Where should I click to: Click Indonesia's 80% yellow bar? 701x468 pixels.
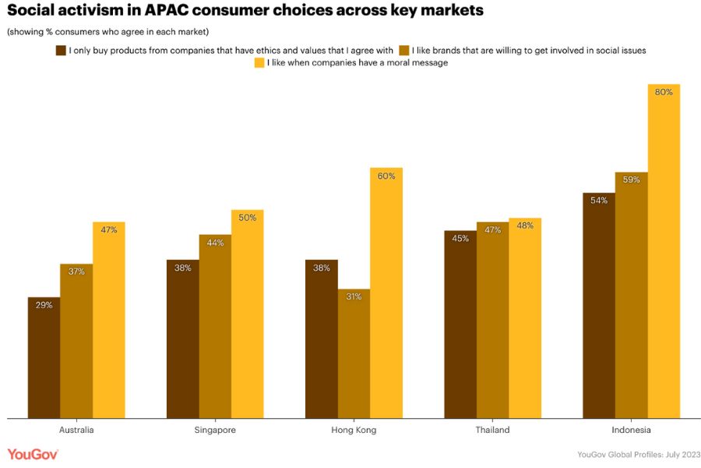tap(664, 250)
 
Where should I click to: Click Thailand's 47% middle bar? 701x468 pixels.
tap(492, 320)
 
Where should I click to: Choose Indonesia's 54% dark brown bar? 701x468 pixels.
tap(599, 305)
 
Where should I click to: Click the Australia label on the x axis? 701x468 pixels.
tap(76, 430)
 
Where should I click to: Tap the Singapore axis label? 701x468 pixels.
tap(215, 430)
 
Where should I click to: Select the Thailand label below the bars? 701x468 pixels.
tap(492, 430)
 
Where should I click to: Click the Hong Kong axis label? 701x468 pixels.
tap(354, 430)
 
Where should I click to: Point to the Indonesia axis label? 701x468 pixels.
tap(631, 430)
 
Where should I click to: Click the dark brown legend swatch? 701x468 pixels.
tap(60, 50)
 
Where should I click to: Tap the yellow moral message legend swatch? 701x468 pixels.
tap(259, 63)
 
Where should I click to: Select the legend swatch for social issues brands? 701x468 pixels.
tap(403, 50)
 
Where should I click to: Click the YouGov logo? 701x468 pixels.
tap(33, 454)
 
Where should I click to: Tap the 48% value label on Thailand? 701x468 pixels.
tap(524, 226)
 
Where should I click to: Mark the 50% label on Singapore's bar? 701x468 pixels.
tap(247, 218)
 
